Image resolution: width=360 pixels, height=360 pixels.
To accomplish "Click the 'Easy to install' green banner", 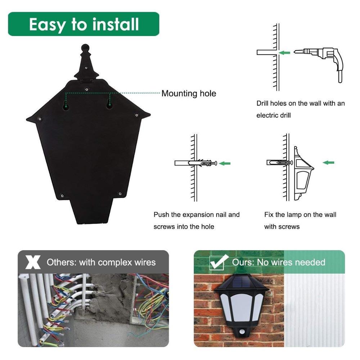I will point(84,24).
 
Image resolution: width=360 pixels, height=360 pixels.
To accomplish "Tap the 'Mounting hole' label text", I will point(189,94).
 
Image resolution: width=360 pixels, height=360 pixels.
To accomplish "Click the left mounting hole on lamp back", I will point(66,105).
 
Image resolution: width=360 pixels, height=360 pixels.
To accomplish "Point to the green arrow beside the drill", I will point(285,53).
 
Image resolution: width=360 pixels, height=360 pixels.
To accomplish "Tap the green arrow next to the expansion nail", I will point(225,163).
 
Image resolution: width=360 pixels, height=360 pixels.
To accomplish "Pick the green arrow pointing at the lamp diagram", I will point(328,163).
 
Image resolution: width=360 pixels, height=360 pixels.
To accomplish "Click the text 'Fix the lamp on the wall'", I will point(300,215).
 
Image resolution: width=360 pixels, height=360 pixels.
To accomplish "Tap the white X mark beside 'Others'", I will point(33,262).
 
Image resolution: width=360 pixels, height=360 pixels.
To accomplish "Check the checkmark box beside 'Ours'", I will point(218,262).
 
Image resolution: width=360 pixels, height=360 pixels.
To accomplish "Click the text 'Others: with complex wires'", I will point(101,262).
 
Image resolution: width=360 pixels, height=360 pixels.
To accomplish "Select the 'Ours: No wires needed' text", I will point(278,262).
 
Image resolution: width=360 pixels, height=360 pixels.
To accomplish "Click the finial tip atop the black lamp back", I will point(85,47).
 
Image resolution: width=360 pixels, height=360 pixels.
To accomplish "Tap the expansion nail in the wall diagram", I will point(203,163).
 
